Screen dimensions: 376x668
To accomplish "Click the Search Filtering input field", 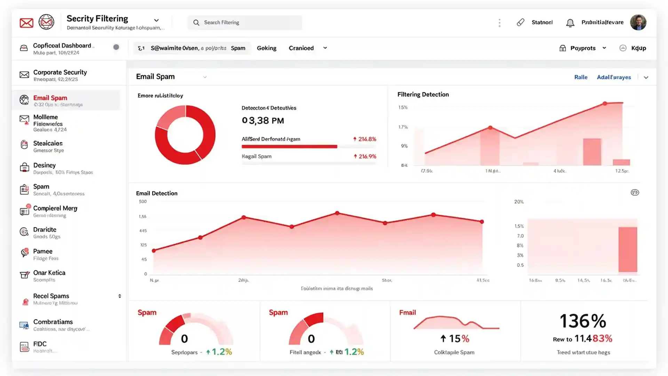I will pyautogui.click(x=245, y=23).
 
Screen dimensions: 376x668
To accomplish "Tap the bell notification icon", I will pyautogui.click(x=570, y=23).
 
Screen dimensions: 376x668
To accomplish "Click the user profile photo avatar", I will pyautogui.click(x=638, y=23).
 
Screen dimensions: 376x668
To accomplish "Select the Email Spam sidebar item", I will pyautogui.click(x=50, y=98).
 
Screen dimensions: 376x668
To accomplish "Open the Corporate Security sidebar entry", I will pyautogui.click(x=60, y=72).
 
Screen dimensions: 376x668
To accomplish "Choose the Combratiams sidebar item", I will pyautogui.click(x=53, y=322).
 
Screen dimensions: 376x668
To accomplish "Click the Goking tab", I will pyautogui.click(x=267, y=48).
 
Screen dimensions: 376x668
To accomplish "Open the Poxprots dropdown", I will pyautogui.click(x=583, y=48).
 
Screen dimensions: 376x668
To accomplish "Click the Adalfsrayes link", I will pyautogui.click(x=614, y=77).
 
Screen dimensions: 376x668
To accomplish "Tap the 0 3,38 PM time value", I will pyautogui.click(x=263, y=120).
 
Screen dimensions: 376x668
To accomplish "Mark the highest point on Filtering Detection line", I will pyautogui.click(x=605, y=103).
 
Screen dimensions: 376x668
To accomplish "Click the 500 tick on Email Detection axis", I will pyautogui.click(x=143, y=202).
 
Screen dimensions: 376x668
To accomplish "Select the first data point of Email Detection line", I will pyautogui.click(x=154, y=250).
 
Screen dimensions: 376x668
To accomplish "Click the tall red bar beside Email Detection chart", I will pyautogui.click(x=628, y=249).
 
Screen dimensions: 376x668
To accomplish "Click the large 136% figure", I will pyautogui.click(x=583, y=321).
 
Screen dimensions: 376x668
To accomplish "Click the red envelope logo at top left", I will pyautogui.click(x=26, y=23).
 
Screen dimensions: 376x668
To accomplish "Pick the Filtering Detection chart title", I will pyautogui.click(x=423, y=94).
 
